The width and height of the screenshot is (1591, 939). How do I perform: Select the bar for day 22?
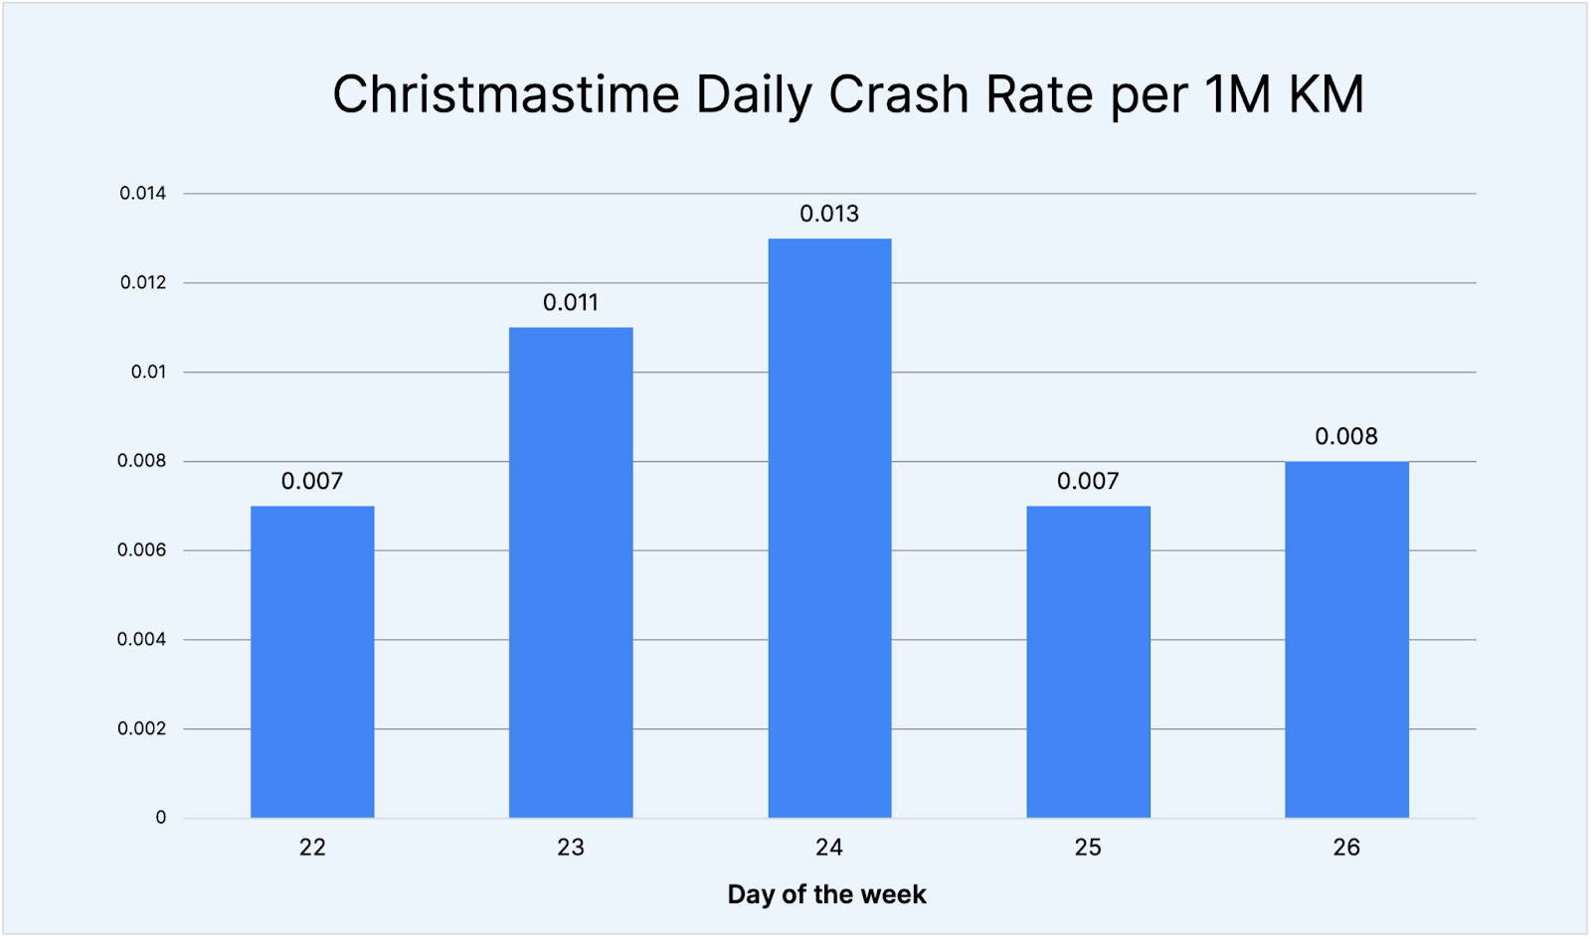point(312,662)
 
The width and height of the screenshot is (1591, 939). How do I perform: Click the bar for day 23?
point(571,572)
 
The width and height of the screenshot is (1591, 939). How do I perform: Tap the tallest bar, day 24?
point(829,528)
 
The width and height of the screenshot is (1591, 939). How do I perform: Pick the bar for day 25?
point(1088,662)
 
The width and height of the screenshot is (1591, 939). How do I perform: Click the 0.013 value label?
point(829,214)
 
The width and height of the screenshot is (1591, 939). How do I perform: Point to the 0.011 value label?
point(571,303)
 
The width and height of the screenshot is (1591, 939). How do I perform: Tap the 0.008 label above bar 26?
point(1346,436)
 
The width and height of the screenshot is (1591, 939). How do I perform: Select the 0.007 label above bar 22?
point(312,481)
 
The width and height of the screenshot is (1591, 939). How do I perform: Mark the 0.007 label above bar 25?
point(1088,481)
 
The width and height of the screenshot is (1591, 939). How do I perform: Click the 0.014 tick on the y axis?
point(143,194)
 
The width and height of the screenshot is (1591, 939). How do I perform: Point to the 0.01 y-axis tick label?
point(148,372)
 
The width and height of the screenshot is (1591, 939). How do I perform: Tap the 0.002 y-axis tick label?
point(142,728)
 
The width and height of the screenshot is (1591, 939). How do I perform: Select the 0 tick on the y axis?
point(161,818)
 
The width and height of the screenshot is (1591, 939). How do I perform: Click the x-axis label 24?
point(829,848)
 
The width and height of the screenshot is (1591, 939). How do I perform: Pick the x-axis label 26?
point(1346,848)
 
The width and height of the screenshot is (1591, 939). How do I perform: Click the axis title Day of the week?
point(826,894)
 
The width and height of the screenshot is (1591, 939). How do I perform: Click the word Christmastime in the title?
point(505,95)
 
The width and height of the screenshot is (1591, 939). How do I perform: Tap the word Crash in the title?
point(899,95)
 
